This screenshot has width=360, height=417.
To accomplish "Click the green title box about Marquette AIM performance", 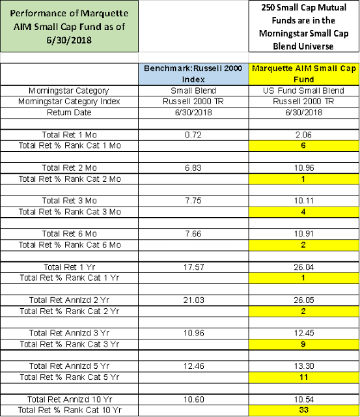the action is pos(69,26).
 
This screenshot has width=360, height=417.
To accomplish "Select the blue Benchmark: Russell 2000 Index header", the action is pos(193,74).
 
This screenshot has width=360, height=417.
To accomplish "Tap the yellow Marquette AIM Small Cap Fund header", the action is pos(303,74).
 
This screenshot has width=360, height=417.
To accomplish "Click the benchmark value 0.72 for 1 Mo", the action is pos(193,135).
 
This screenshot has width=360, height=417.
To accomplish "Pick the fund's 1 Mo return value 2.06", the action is pos(303,135).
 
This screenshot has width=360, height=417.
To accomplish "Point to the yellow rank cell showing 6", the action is pos(303,146).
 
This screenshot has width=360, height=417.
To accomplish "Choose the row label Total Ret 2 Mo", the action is pos(70,168).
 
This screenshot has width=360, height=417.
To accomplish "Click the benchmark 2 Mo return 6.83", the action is pos(193,168).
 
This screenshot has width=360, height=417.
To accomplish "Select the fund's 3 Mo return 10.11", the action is pos(303,201).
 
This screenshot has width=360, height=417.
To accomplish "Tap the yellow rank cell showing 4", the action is pos(303,212).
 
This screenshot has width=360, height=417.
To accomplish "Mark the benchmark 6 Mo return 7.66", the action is pos(193,234).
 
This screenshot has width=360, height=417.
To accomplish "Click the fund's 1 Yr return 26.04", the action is pos(303,267).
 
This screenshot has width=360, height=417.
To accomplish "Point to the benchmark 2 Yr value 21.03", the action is pos(194,300).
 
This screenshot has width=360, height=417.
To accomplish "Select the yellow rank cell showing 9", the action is pos(303,345).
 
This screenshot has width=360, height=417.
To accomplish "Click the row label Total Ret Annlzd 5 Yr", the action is pos(69,366).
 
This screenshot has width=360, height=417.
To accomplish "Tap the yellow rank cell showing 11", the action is pos(303,377).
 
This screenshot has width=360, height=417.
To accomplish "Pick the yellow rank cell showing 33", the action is pos(303,410).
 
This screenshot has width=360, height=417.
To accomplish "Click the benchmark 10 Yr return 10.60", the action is pos(194,399).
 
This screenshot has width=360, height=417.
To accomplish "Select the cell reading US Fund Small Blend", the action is pos(303,91).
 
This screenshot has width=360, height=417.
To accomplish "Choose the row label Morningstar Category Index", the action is pos(69,102).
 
